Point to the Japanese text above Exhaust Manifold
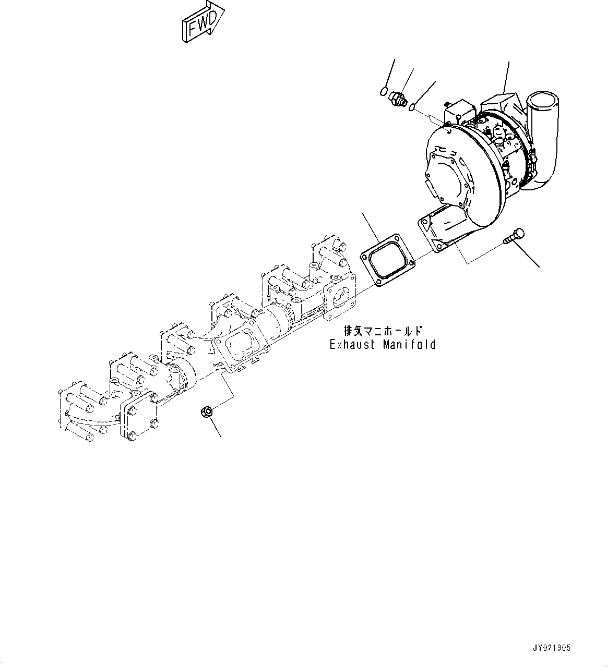point(383,331)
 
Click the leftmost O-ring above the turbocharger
point(385,92)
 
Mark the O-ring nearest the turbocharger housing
point(412,108)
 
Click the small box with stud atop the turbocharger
point(458,112)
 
